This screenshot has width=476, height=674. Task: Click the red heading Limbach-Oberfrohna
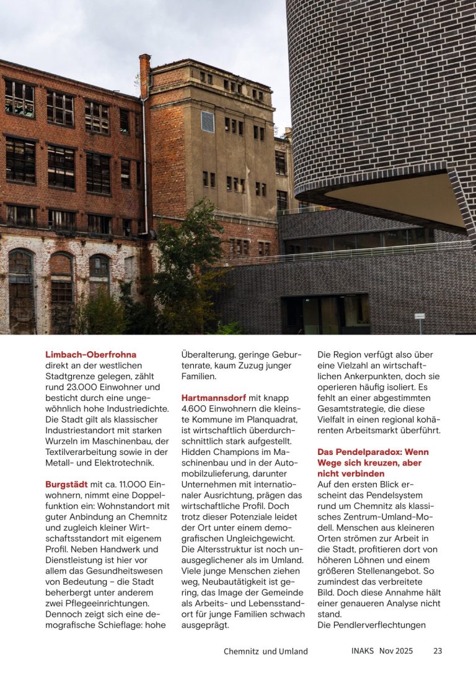click(x=90, y=354)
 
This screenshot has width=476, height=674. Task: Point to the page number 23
click(x=438, y=651)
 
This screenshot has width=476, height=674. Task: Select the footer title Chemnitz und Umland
click(x=266, y=652)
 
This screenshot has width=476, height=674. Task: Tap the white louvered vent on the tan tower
click(x=207, y=121)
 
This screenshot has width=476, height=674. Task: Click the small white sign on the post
click(x=420, y=316)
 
